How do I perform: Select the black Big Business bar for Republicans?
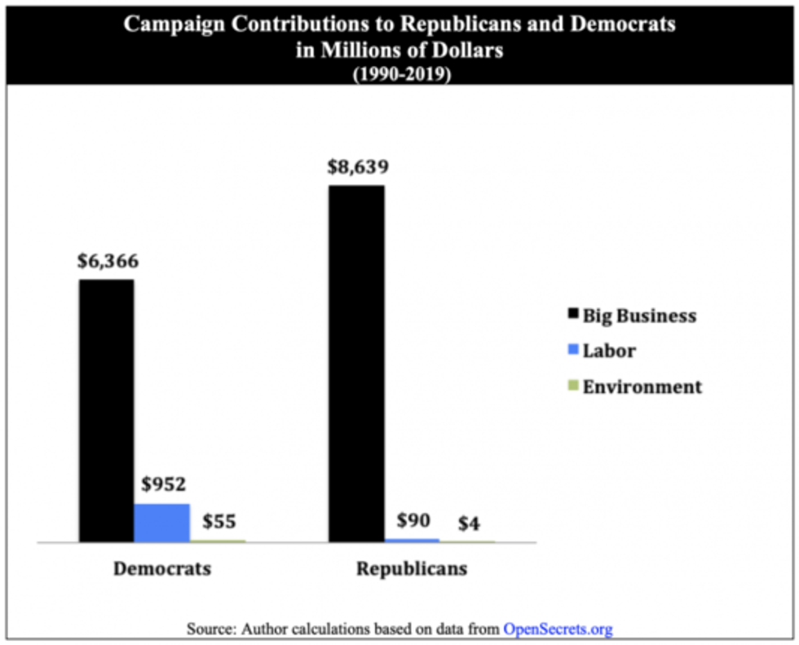click(x=356, y=363)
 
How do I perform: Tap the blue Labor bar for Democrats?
click(x=161, y=523)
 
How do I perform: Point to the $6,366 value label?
click(x=108, y=262)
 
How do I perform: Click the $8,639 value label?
click(x=358, y=167)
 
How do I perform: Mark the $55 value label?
click(x=219, y=521)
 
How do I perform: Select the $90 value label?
click(x=414, y=520)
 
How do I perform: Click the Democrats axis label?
click(x=161, y=568)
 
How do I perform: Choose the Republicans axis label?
click(x=412, y=568)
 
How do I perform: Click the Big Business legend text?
click(x=639, y=316)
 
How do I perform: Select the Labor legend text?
click(x=608, y=351)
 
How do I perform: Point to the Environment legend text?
click(x=642, y=387)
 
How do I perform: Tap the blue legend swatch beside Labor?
click(x=573, y=350)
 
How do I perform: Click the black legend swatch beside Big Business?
click(x=573, y=314)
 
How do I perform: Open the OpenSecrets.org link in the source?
click(x=558, y=629)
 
